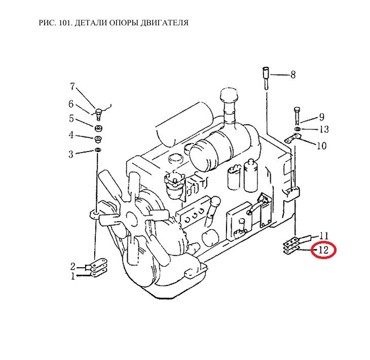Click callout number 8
tap(293, 75)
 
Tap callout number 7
tap(72, 86)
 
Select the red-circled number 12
tap(323, 250)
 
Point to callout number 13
tap(324, 129)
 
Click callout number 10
tap(321, 146)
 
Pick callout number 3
tap(71, 154)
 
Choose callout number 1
tap(73, 276)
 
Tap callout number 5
tap(71, 118)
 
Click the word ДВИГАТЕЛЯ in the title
tap(164, 23)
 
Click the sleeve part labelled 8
tap(266, 78)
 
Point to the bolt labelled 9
tap(297, 116)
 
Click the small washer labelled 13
tap(298, 129)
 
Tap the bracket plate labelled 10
tap(293, 138)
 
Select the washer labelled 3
tap(97, 150)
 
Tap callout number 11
tap(324, 236)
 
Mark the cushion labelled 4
tap(98, 139)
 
